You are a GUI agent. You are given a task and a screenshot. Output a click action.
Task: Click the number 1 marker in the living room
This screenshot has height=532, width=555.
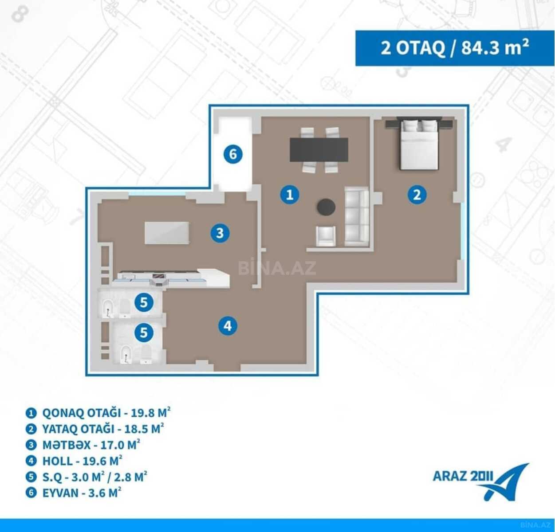pos(289,195)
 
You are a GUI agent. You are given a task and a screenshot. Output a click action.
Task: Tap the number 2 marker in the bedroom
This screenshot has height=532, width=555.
pos(417,195)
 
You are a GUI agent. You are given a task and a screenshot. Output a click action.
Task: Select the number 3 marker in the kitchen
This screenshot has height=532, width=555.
pos(220,233)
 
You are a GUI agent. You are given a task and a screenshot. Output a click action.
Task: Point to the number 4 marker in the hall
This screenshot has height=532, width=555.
pos(228,326)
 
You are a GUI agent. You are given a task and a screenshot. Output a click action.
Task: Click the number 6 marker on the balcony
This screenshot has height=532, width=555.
pos(233,154)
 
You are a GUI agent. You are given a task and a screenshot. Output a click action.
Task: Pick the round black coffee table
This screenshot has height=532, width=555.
pos(326,207)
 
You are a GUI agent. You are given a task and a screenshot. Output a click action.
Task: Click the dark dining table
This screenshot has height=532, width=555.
pos(319,150)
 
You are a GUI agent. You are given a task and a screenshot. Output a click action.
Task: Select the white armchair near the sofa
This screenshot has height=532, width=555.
pos(326,236)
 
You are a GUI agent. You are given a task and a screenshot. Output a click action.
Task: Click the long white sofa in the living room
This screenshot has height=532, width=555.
pos(357,216)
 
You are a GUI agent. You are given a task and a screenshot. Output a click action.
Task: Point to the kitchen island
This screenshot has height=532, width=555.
pos(167,233)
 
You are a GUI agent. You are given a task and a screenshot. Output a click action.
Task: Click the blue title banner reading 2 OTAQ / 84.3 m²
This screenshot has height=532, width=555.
pos(455,48)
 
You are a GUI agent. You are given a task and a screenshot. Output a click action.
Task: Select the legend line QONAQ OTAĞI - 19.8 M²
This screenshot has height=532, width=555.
pos(98,413)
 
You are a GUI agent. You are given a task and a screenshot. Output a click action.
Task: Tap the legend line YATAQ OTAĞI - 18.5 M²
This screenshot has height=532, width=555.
pos(94,429)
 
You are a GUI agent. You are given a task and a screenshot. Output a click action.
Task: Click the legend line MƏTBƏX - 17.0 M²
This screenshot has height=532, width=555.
pos(83,445)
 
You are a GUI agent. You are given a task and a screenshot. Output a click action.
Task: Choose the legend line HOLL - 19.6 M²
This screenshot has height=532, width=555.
pos(74,461)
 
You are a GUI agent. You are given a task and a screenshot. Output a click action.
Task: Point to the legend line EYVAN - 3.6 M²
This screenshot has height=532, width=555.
pos(73,493)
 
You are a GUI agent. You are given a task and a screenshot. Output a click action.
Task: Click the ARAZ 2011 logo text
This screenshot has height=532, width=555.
pos(463,476)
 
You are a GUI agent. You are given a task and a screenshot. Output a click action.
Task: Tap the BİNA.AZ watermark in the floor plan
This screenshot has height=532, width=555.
pos(277,268)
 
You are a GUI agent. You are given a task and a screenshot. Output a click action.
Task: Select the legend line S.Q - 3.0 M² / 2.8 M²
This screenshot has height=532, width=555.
pos(86,477)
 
